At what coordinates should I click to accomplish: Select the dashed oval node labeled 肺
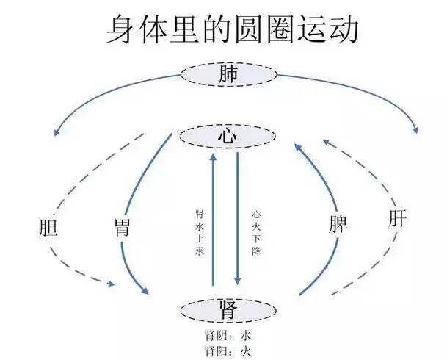point(229,74)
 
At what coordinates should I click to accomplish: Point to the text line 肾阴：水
point(228,335)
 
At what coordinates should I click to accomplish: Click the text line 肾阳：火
point(228,349)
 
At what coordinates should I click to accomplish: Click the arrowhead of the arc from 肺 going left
point(56,132)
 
